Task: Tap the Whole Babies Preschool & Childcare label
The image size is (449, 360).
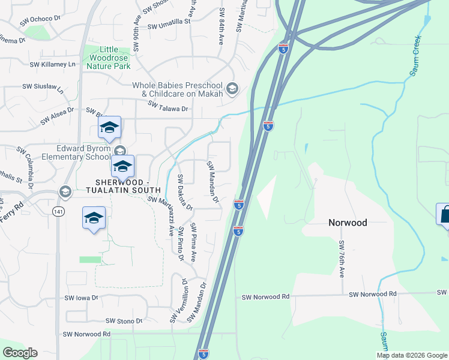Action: click(182, 89)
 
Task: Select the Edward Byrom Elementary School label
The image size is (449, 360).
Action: click(83, 153)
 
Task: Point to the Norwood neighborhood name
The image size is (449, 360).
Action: click(348, 222)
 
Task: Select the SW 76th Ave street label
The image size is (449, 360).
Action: click(342, 259)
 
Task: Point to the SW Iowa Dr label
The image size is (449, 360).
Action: click(81, 298)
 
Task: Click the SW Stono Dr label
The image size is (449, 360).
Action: click(124, 322)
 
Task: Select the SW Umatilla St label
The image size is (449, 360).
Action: click(169, 23)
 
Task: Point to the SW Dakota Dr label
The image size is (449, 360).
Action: click(185, 193)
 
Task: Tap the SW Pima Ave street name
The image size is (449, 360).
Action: click(194, 242)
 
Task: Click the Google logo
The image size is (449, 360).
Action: click(20, 353)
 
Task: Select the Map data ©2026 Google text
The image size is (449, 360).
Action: click(411, 355)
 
